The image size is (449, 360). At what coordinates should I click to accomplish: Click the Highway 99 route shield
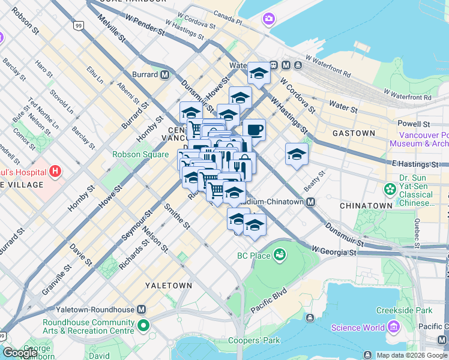(78, 25)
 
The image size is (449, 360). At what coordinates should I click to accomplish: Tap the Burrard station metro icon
(164, 75)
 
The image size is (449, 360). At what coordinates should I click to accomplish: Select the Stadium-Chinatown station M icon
(310, 202)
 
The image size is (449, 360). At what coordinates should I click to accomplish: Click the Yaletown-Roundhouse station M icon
(141, 310)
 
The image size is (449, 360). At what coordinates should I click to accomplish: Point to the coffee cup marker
(254, 130)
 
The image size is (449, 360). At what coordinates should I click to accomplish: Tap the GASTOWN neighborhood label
(354, 133)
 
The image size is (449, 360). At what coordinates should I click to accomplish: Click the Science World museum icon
(394, 327)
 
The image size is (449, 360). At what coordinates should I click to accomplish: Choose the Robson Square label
(140, 154)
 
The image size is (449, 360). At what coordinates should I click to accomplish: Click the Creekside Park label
(404, 310)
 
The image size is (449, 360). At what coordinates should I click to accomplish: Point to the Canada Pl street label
(228, 14)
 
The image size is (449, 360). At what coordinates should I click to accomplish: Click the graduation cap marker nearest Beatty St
(297, 155)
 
